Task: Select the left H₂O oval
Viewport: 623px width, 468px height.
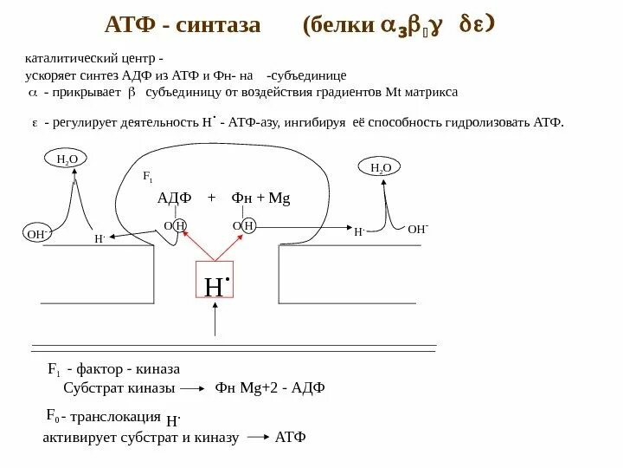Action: click(x=67, y=160)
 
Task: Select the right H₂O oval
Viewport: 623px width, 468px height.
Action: click(x=381, y=167)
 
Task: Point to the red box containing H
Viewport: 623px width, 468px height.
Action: click(x=216, y=285)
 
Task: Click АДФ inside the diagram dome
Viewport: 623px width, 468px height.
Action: click(x=173, y=198)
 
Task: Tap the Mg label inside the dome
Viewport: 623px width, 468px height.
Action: click(x=279, y=198)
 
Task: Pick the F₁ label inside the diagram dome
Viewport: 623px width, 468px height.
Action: click(x=147, y=177)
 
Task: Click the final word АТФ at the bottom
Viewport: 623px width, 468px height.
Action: click(x=290, y=437)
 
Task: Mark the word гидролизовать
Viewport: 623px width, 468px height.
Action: click(x=489, y=122)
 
